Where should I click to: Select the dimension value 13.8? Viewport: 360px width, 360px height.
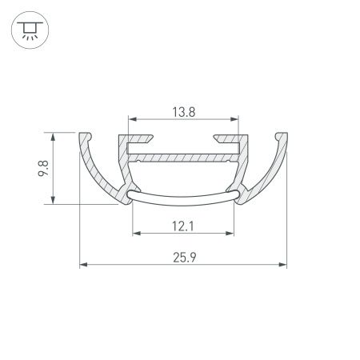click(182, 113)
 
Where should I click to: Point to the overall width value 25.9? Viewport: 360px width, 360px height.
click(183, 256)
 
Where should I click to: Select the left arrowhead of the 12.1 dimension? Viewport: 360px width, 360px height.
click(134, 234)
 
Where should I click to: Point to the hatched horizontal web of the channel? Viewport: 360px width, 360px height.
click(183, 158)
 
